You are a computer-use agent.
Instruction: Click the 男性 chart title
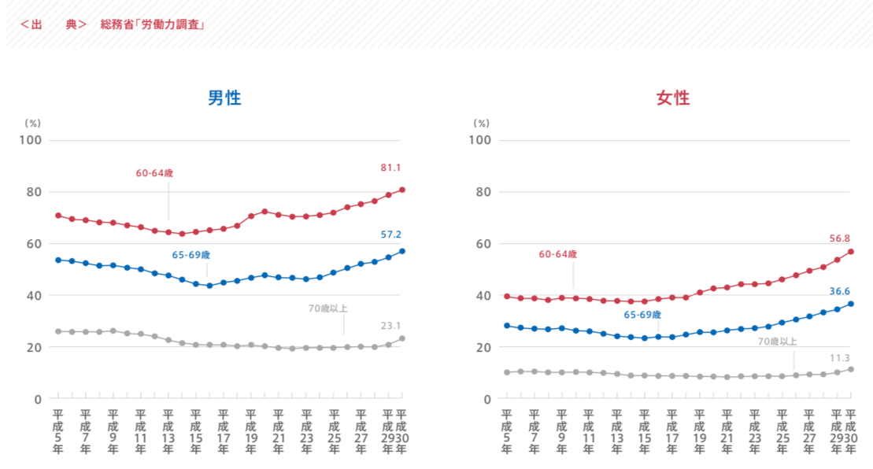pyautogui.click(x=224, y=98)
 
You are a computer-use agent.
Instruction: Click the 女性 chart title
pyautogui.click(x=673, y=98)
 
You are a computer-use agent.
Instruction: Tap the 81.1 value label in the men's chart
pyautogui.click(x=390, y=168)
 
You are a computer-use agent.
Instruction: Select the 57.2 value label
pyautogui.click(x=390, y=234)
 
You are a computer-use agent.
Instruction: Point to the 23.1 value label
pyautogui.click(x=390, y=324)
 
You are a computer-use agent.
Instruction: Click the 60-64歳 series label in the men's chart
pyautogui.click(x=154, y=173)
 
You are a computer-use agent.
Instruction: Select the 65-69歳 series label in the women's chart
pyautogui.click(x=642, y=315)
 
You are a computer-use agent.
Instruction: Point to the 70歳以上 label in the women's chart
pyautogui.click(x=777, y=342)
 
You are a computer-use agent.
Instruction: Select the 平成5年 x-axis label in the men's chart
pyautogui.click(x=57, y=431)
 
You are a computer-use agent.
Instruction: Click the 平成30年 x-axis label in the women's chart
pyautogui.click(x=850, y=431)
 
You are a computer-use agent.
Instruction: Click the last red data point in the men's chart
pyautogui.click(x=402, y=190)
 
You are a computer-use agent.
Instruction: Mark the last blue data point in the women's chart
pyautogui.click(x=851, y=304)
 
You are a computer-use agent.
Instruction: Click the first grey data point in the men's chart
pyautogui.click(x=58, y=331)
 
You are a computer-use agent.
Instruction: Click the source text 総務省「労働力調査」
pyautogui.click(x=153, y=24)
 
